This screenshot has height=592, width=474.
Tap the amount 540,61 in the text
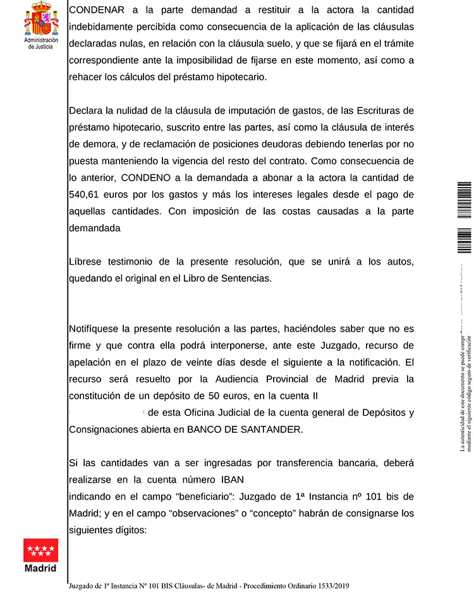pyautogui.click(x=87, y=194)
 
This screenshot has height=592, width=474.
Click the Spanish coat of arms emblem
pyautogui.click(x=41, y=19)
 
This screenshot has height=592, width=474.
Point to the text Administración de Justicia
pyautogui.click(x=41, y=43)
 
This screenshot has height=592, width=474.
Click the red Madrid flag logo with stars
pyautogui.click(x=41, y=550)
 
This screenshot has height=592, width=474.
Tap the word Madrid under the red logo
pyautogui.click(x=41, y=568)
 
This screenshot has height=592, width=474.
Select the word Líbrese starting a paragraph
pyautogui.click(x=87, y=262)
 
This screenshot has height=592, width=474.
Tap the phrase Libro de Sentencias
pyautogui.click(x=226, y=278)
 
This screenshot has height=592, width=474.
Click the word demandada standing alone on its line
pyautogui.click(x=94, y=228)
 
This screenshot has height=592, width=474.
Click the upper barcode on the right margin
pyautogui.click(x=464, y=200)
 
